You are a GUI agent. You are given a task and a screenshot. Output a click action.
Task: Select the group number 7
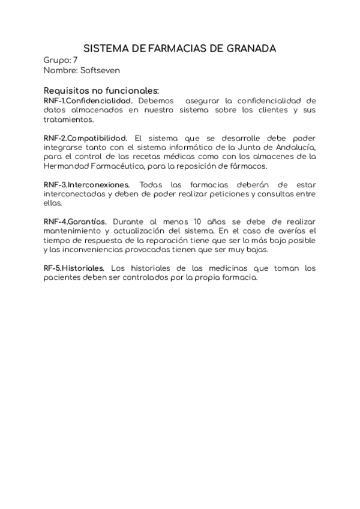(x=75, y=60)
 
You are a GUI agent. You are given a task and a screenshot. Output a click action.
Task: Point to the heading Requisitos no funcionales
(x=101, y=90)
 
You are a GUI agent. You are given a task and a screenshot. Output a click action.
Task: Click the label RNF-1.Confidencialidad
(x=88, y=100)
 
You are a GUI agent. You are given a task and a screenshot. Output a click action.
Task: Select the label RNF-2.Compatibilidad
(x=86, y=138)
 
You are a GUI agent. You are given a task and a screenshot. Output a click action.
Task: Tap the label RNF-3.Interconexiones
(x=86, y=185)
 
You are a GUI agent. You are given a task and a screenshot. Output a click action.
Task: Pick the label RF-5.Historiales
(x=74, y=269)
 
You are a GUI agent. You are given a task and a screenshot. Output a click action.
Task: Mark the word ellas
(x=52, y=203)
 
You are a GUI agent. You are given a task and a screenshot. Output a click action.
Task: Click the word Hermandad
(x=67, y=166)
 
